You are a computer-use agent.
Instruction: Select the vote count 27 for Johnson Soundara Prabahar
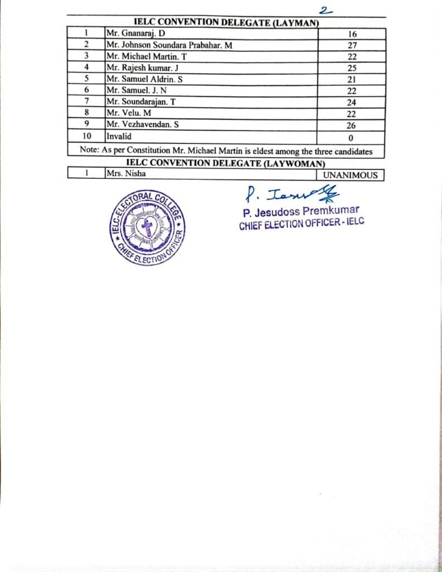click(x=352, y=46)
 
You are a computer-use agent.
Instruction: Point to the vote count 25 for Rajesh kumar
click(x=352, y=69)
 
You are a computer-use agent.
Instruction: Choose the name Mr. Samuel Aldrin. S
click(x=145, y=79)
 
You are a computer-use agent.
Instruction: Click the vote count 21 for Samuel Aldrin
click(x=352, y=80)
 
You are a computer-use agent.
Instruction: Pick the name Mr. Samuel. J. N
click(x=137, y=90)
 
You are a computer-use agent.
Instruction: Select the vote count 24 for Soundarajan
click(x=352, y=103)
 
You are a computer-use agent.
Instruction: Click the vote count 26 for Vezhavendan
click(x=352, y=126)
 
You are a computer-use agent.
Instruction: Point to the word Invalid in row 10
click(x=118, y=136)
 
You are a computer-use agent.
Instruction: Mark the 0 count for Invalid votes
click(x=352, y=137)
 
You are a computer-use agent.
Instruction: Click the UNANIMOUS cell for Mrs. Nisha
click(x=350, y=175)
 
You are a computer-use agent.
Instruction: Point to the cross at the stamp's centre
click(x=147, y=227)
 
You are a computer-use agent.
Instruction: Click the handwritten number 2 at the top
click(x=324, y=9)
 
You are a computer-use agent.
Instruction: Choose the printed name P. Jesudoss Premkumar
click(x=301, y=212)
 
